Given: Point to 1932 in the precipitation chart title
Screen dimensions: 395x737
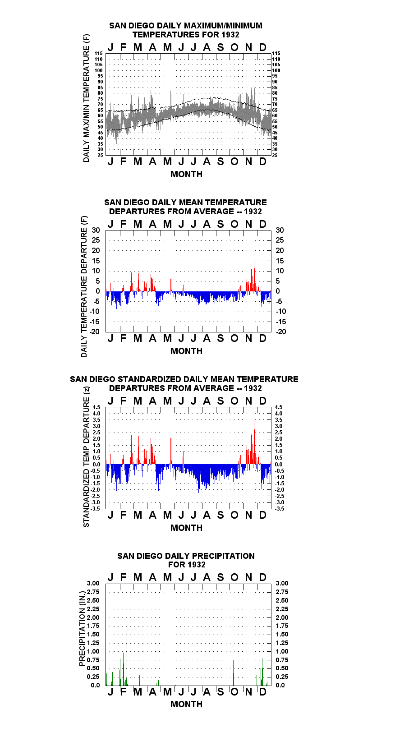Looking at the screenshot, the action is click(196, 565).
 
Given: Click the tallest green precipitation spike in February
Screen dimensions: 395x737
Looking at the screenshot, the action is click(127, 657).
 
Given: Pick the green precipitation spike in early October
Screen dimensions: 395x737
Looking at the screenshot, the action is click(234, 673).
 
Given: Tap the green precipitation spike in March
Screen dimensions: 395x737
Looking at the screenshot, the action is click(139, 681).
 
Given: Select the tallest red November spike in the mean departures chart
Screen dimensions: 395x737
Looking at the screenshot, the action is click(254, 276).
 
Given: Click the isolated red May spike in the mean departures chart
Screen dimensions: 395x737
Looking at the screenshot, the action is click(171, 285).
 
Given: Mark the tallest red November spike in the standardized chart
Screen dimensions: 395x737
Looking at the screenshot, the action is click(254, 442).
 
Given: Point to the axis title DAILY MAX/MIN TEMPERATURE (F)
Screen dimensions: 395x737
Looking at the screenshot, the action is click(86, 98).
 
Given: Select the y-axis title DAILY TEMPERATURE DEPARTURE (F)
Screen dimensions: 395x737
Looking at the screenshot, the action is click(84, 286).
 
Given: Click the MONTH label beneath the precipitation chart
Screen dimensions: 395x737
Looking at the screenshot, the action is click(187, 704).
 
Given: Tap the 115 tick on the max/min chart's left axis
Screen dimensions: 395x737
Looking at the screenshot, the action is click(99, 53).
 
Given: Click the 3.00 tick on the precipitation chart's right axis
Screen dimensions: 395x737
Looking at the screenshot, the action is click(282, 583).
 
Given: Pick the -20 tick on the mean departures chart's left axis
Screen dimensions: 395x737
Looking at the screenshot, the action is click(95, 332).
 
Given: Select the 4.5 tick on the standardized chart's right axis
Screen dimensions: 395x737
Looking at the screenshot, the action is click(279, 407).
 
